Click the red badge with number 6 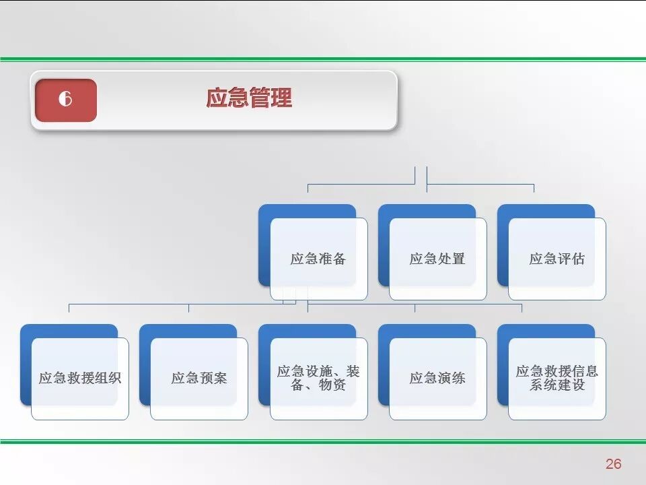66,100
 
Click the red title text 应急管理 249,98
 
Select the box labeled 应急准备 318,259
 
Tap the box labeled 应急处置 437,259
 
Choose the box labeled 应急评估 557,259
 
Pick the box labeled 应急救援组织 79,379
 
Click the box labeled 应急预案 199,379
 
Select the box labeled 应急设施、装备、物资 318,379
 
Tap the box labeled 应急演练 437,379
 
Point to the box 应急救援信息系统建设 557,379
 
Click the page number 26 613,463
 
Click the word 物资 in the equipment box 332,386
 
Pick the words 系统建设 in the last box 557,386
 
